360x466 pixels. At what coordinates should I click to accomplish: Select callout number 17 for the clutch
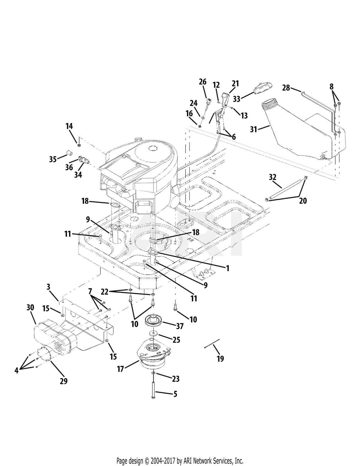coord(121,369)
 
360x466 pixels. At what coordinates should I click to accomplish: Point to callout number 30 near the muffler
coord(30,308)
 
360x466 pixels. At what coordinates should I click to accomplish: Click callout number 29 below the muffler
coord(64,381)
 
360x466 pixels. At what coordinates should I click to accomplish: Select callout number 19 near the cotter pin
coord(220,359)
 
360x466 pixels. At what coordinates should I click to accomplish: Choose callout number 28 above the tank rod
coord(286,88)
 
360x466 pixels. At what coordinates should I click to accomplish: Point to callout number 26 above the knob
coord(203,82)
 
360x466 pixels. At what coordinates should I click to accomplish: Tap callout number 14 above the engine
coord(69,126)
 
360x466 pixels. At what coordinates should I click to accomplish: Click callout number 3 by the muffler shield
coord(49,287)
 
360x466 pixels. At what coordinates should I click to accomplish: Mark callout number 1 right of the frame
coord(228,268)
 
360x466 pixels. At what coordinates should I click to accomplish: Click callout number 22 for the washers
coord(104,292)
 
